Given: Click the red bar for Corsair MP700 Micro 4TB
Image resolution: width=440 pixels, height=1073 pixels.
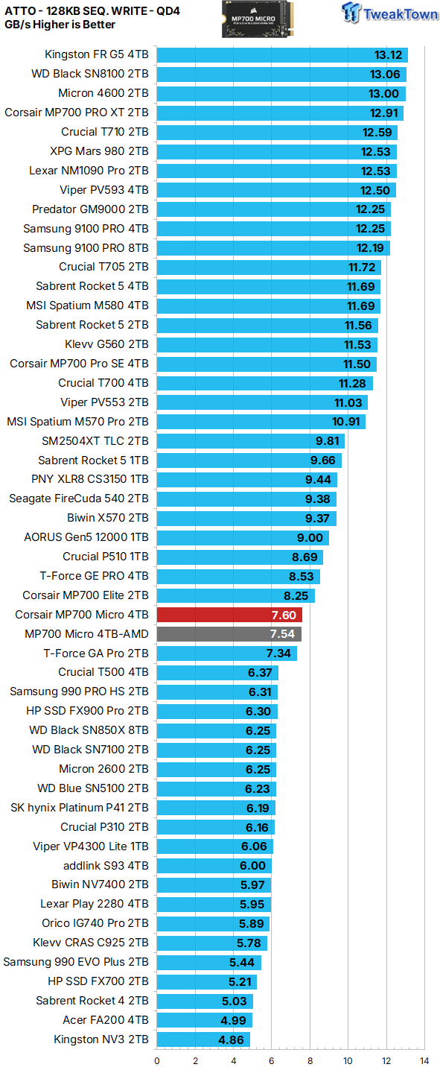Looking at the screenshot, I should [229, 615].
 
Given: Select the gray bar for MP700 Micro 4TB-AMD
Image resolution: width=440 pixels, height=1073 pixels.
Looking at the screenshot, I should [229, 634].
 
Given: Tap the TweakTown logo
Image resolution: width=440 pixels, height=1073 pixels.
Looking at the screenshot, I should [389, 14].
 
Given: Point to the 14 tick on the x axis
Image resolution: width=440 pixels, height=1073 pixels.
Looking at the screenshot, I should [424, 1060].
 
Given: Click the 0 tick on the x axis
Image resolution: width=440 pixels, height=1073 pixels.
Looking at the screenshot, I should [157, 1060].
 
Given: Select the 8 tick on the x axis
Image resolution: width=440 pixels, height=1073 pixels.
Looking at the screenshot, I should [310, 1060].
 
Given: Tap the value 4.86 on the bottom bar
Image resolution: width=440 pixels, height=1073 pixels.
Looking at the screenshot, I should [232, 1039].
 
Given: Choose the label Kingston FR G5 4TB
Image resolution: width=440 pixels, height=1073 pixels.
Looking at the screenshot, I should [97, 54].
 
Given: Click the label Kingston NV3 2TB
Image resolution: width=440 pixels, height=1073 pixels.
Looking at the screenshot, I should [101, 1039].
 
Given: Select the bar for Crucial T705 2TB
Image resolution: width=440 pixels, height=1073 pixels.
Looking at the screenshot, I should [269, 267].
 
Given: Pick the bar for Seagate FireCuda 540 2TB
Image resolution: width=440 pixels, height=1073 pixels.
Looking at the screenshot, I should [246, 498].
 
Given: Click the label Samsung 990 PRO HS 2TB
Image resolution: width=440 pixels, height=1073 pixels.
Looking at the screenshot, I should [79, 691].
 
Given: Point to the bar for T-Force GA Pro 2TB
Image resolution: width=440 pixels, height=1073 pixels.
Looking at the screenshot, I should [227, 653].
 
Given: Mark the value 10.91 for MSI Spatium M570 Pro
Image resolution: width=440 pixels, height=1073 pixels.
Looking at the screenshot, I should [346, 422].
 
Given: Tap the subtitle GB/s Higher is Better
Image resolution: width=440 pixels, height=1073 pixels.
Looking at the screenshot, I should [60, 25].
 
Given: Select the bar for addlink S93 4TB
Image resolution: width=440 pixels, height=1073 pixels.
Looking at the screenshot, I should [214, 865].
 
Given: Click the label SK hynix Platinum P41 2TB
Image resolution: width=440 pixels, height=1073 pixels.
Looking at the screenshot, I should [80, 808].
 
